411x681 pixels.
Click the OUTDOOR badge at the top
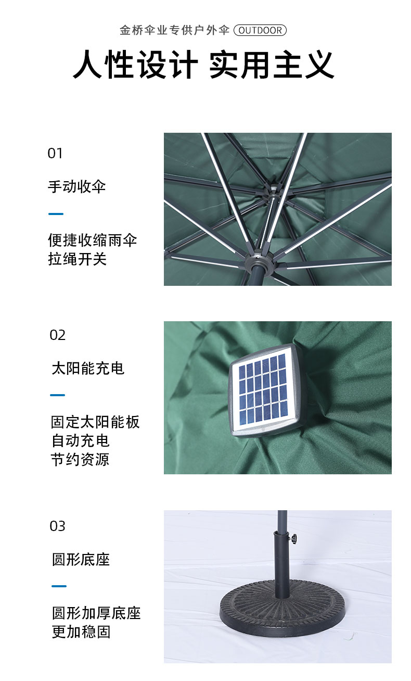260,30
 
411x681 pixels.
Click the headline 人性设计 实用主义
203,65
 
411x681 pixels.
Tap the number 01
55,153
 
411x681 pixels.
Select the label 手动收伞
77,186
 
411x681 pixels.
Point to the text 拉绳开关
78,259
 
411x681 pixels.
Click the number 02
58,335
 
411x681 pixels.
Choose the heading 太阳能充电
88,368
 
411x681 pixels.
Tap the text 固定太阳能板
95,422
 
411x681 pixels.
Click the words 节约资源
80,459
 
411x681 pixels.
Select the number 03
58,526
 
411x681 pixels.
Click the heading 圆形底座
81,560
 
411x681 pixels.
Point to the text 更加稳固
81,632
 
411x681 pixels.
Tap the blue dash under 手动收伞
56,214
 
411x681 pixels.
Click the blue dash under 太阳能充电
58,395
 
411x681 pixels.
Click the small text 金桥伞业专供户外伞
174,30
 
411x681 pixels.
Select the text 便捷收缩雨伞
93,240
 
